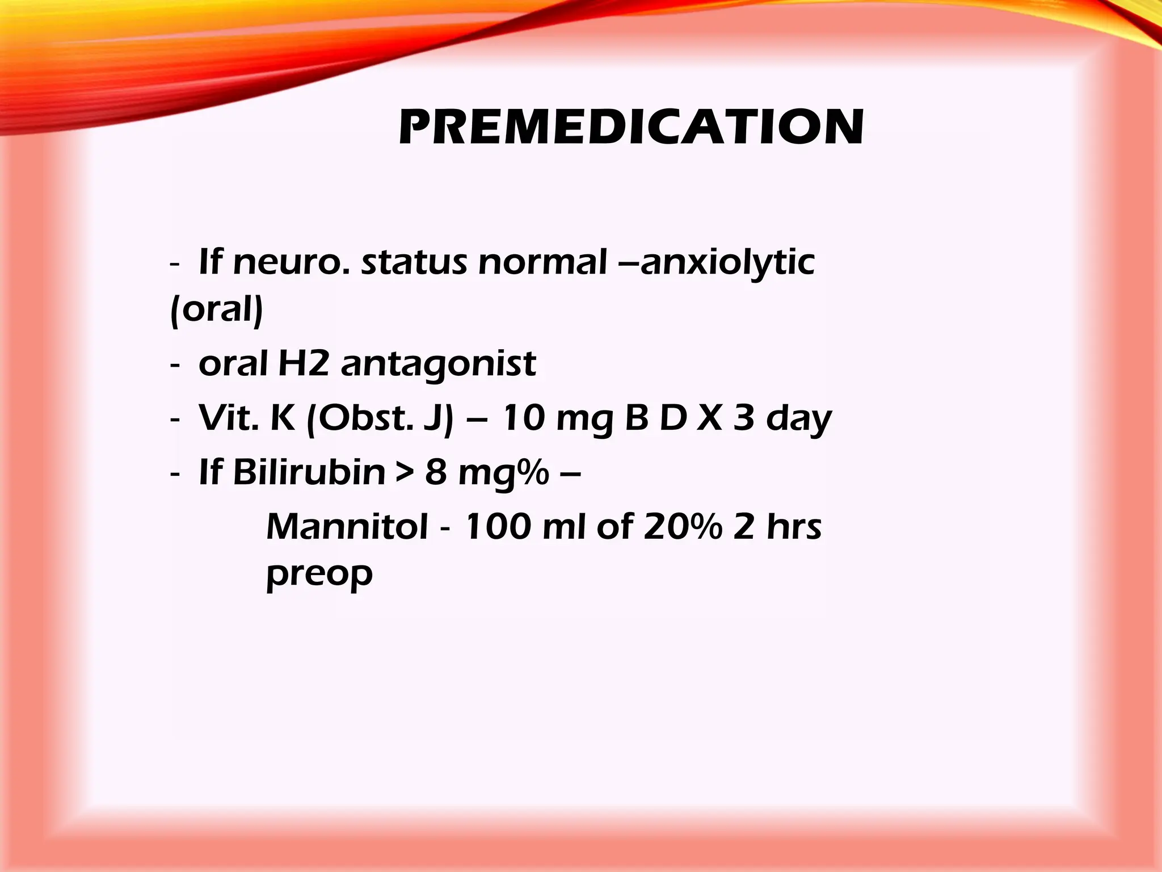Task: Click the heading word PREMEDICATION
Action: pyautogui.click(x=631, y=127)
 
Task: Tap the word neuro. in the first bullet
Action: pyautogui.click(x=293, y=263)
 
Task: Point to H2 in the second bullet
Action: pyautogui.click(x=304, y=363)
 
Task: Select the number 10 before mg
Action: pyautogui.click(x=522, y=418)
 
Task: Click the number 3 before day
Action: pyautogui.click(x=743, y=418)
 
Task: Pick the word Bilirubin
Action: pyautogui.click(x=309, y=472)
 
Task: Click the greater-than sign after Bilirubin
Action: pyautogui.click(x=405, y=473)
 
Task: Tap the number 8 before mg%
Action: pyautogui.click(x=436, y=472)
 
